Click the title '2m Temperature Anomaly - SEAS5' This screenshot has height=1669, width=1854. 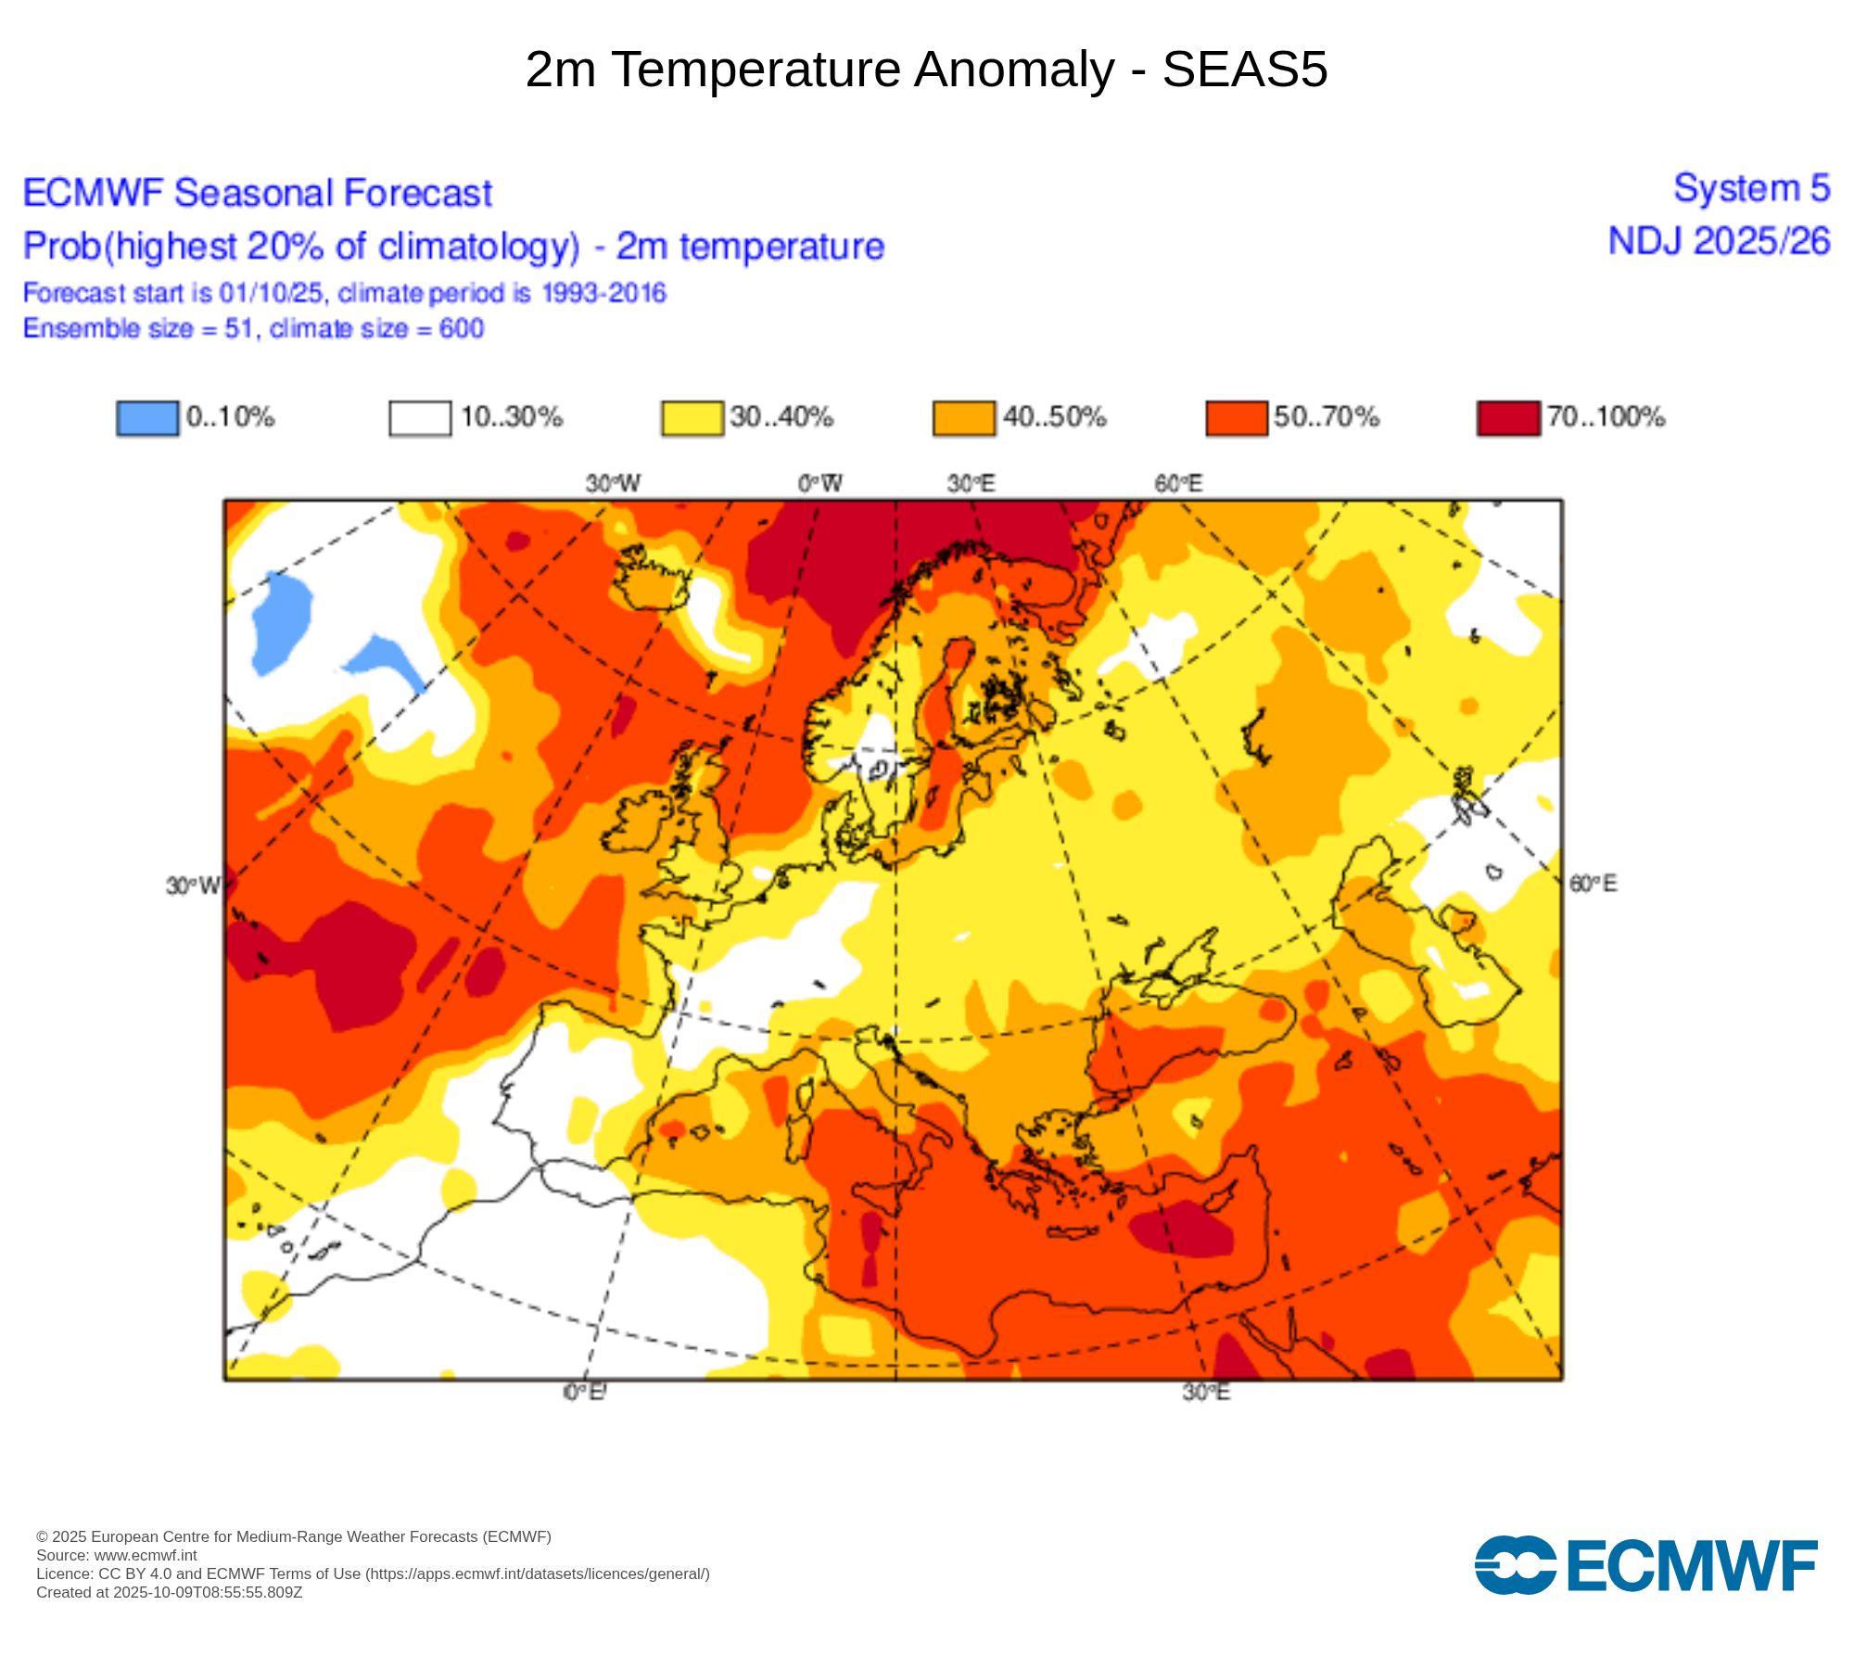coord(926,70)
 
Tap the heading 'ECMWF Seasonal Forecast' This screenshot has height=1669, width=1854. coord(257,193)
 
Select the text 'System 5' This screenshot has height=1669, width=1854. coord(1751,188)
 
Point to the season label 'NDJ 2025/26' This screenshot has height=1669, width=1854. coord(1719,241)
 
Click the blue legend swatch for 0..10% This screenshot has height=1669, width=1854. coord(147,418)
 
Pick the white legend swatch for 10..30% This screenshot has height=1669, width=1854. coord(420,418)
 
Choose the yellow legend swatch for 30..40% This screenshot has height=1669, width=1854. coord(692,418)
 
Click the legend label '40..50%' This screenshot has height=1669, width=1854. coord(1055,417)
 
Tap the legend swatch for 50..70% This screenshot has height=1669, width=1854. coord(1236,418)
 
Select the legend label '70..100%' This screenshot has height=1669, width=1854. coord(1606,417)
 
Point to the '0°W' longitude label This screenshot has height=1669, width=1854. coord(820,483)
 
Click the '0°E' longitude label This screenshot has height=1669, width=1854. coord(584,1392)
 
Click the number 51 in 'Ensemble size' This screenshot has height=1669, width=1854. coord(238,329)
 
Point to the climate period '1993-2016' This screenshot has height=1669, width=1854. coord(603,293)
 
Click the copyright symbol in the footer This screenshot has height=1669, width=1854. coord(42,1536)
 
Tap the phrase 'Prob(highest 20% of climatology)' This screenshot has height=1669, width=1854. coord(301,247)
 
